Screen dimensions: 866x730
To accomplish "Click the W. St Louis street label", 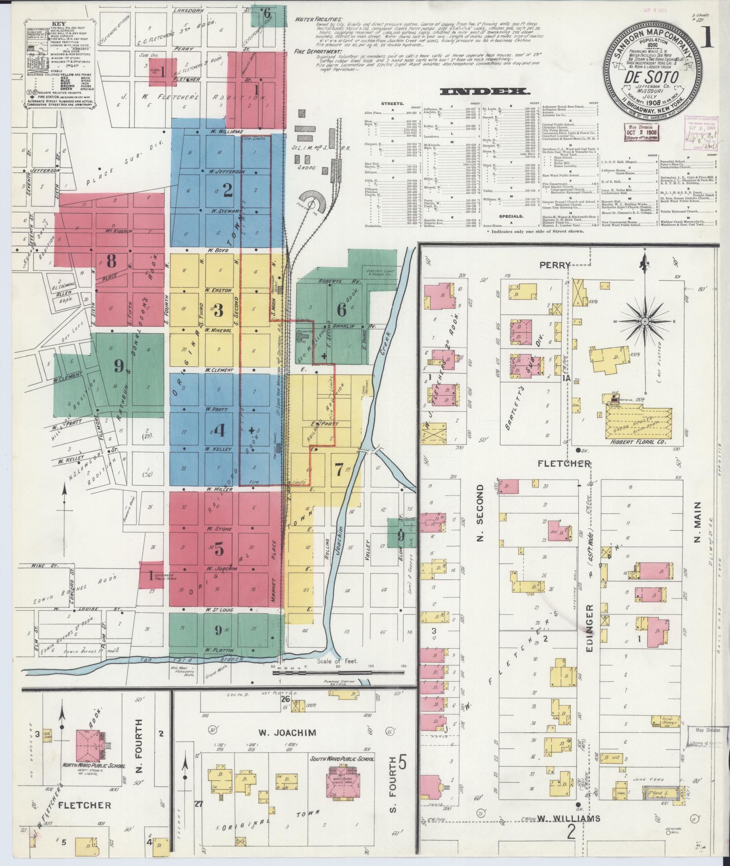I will click(220, 610).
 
